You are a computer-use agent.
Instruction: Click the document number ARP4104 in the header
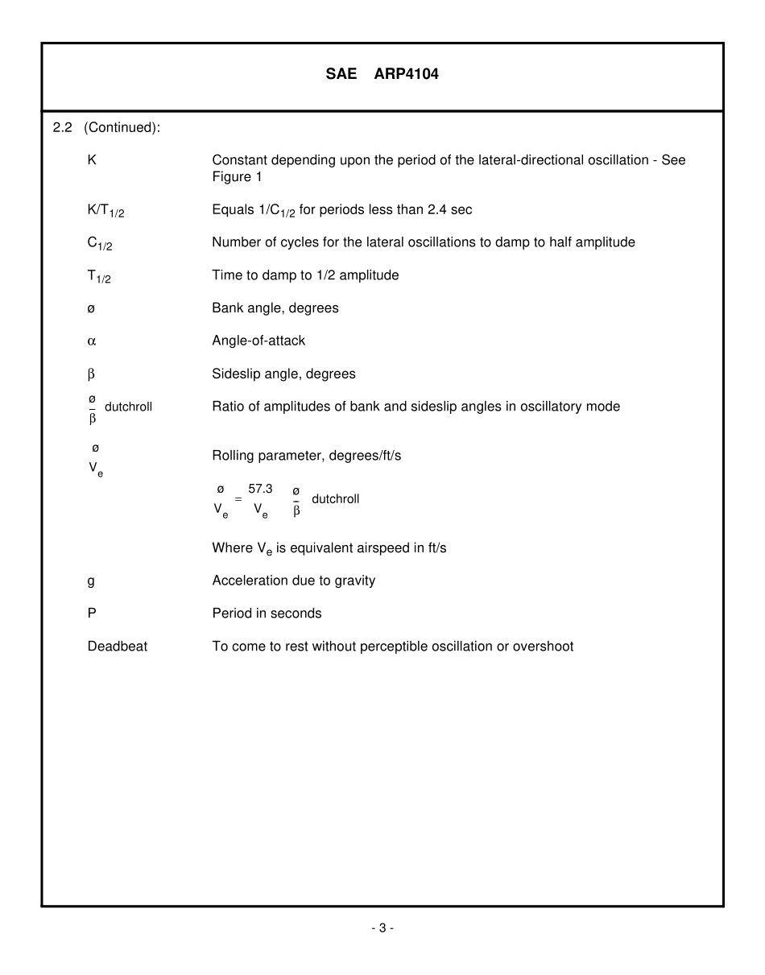pyautogui.click(x=407, y=74)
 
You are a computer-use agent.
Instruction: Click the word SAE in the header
pyautogui.click(x=341, y=74)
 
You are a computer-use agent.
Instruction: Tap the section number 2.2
pyautogui.click(x=63, y=127)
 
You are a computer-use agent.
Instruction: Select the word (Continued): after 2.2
pyautogui.click(x=122, y=127)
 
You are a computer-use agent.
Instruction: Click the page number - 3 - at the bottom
pyautogui.click(x=382, y=928)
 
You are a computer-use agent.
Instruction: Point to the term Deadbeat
pyautogui.click(x=117, y=647)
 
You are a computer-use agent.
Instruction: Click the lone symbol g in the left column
pyautogui.click(x=91, y=580)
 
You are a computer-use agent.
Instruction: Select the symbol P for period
pyautogui.click(x=92, y=614)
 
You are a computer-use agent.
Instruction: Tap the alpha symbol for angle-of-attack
pyautogui.click(x=91, y=341)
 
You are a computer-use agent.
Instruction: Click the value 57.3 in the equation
pyautogui.click(x=260, y=489)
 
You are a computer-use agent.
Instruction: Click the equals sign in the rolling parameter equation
pyautogui.click(x=238, y=499)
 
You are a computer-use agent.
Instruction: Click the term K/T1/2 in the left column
pyautogui.click(x=105, y=211)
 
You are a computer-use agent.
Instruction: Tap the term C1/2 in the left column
pyautogui.click(x=99, y=243)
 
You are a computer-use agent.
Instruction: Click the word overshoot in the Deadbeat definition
pyautogui.click(x=544, y=647)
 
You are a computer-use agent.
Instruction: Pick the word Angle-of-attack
pyautogui.click(x=258, y=341)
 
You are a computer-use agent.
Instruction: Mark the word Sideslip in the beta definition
pyautogui.click(x=236, y=374)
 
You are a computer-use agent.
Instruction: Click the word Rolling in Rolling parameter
pyautogui.click(x=234, y=456)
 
